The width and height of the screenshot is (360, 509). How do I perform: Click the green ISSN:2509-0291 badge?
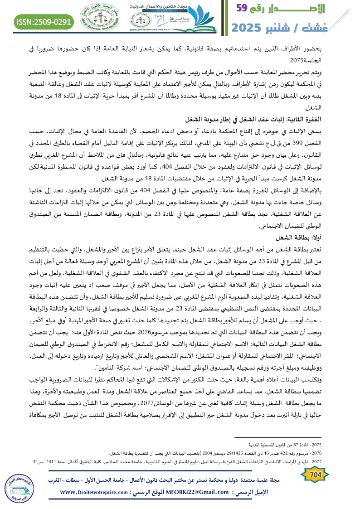[x=44, y=21]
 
